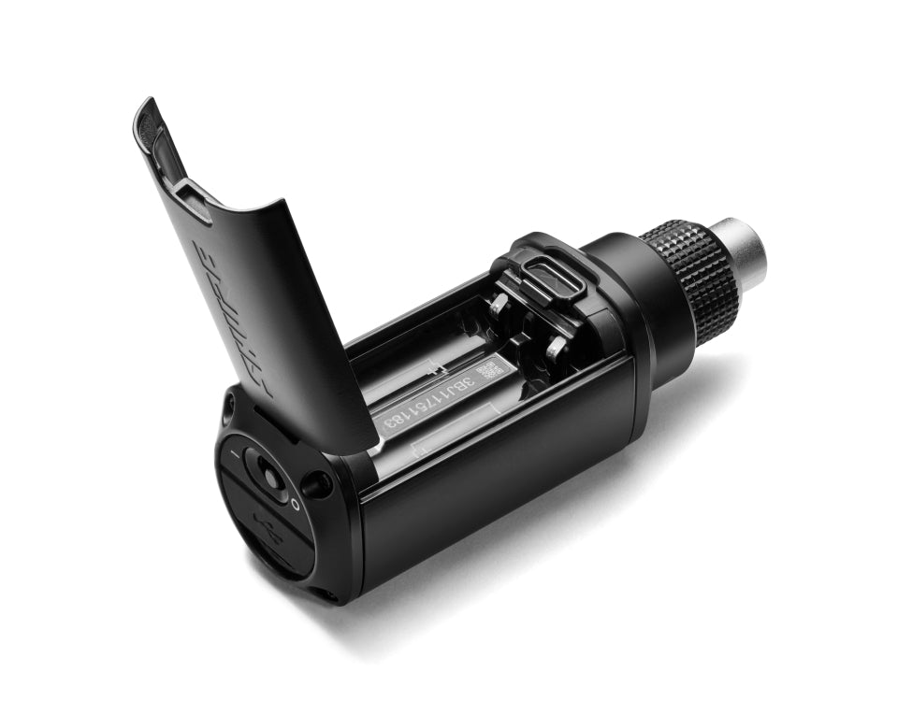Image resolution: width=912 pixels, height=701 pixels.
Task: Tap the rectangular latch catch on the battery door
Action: click(x=194, y=200)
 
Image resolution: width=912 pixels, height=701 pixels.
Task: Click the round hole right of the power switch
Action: click(x=317, y=484)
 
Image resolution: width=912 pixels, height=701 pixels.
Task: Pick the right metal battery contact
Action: click(x=556, y=350)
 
